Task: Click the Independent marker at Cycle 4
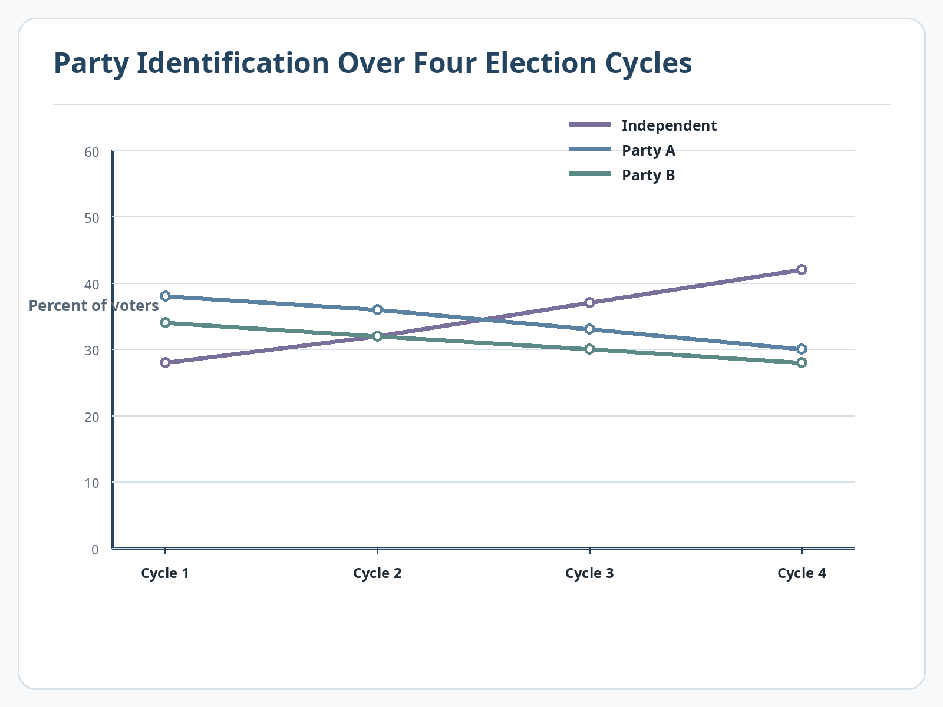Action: pos(802,270)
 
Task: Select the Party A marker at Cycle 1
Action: pos(166,296)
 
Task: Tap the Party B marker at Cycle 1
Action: pos(166,323)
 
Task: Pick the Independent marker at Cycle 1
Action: pos(166,363)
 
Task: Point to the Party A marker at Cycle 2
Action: pos(377,310)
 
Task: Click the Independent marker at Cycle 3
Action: pos(590,303)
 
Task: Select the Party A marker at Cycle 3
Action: pos(590,329)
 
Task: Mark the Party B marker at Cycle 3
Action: pos(590,349)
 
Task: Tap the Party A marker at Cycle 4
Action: pos(802,349)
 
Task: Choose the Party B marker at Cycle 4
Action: pos(802,363)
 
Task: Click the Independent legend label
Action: pos(669,125)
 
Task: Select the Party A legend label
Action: pos(648,151)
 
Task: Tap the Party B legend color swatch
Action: pos(589,174)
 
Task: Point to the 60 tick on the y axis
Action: pos(92,152)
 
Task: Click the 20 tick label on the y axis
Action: pos(92,417)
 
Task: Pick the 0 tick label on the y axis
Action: pos(95,550)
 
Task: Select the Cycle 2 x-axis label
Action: pos(377,573)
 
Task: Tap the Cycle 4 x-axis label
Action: pos(802,573)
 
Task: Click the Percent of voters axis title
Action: pos(94,306)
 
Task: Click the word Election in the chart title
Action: pos(540,63)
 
